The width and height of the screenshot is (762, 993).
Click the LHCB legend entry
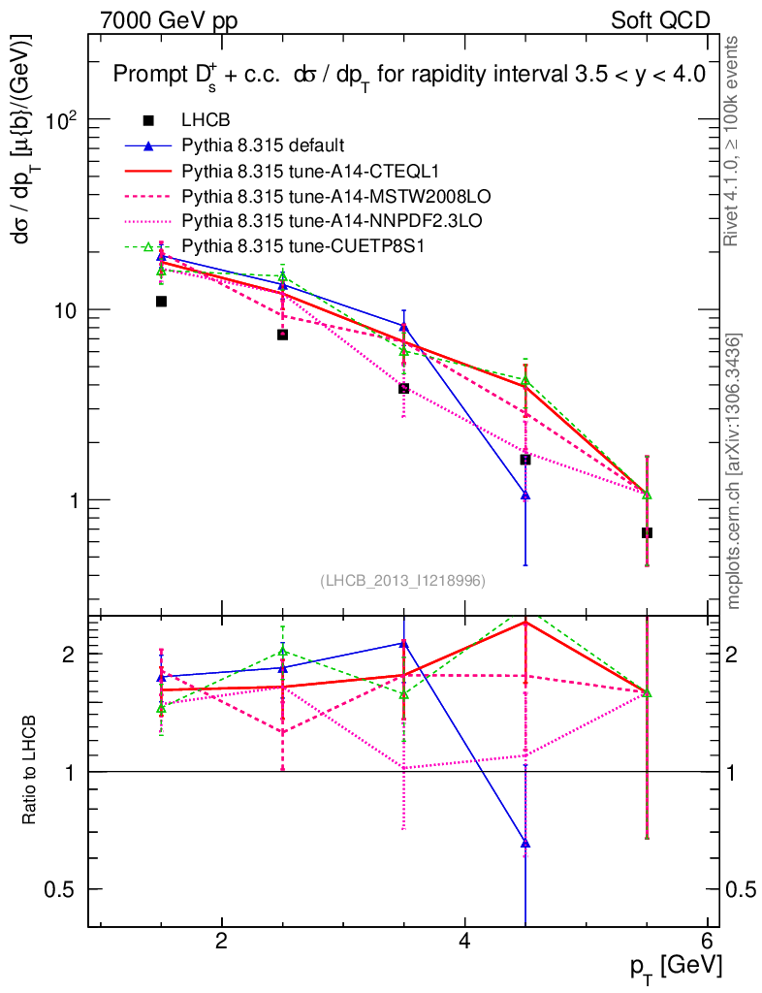[206, 121]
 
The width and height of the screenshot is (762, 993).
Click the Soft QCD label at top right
[660, 20]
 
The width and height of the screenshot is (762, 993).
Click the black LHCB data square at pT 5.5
[647, 532]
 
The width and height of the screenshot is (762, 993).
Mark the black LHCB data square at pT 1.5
[161, 302]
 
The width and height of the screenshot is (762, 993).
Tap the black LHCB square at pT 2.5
[282, 335]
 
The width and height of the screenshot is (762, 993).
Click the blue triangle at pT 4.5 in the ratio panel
[525, 844]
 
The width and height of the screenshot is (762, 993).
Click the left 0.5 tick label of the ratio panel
[64, 889]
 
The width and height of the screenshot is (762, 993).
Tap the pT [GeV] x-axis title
[676, 966]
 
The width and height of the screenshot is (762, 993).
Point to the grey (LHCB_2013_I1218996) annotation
[402, 580]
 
